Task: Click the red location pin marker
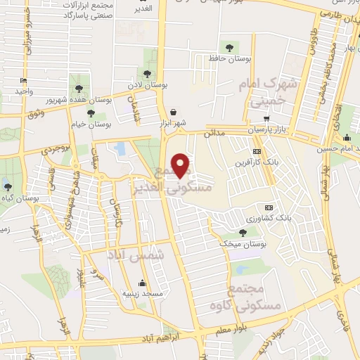(181, 165)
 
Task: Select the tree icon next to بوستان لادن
(147, 73)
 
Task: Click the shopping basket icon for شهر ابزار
(173, 112)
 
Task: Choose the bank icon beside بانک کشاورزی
(268, 207)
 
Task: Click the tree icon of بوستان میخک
(243, 232)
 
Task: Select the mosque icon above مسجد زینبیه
(143, 283)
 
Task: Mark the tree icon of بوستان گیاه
(8, 187)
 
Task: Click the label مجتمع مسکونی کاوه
(255, 297)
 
